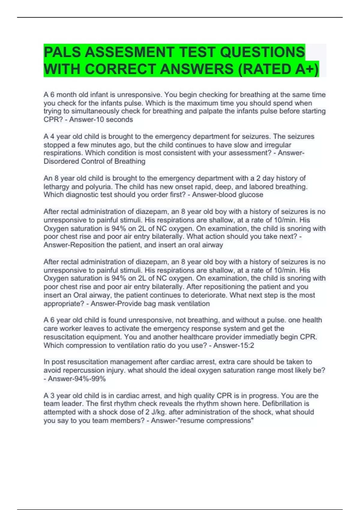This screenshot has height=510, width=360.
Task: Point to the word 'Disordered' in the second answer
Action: click(62, 161)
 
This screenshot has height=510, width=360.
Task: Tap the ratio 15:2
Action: click(246, 346)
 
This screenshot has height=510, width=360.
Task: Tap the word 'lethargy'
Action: click(56, 187)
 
